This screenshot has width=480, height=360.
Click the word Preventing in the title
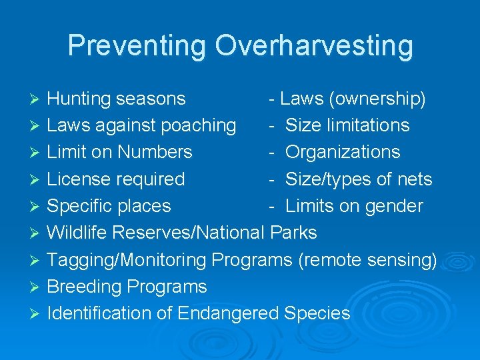tap(137, 46)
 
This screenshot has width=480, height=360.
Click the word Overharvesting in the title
tap(313, 46)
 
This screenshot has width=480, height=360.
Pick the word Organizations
tap(343, 152)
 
